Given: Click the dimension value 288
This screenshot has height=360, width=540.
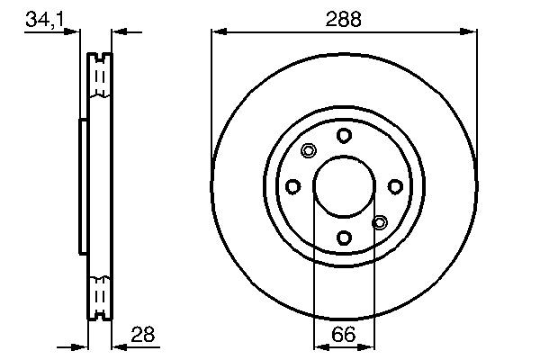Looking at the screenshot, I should (x=343, y=18).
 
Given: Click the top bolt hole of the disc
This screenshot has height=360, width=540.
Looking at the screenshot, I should (x=344, y=135).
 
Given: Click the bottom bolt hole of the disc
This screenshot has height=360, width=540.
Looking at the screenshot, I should (x=344, y=238).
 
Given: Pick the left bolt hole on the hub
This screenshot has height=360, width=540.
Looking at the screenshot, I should (x=292, y=186).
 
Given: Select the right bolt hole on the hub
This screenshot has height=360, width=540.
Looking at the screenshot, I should (x=395, y=186).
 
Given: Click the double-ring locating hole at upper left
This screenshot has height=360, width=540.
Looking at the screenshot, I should (x=309, y=151).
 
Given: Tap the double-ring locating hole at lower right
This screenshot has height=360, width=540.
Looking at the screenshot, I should (x=379, y=221).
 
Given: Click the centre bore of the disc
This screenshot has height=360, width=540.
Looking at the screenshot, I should (x=344, y=186).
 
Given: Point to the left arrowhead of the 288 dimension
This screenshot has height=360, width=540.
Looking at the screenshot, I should (x=218, y=32).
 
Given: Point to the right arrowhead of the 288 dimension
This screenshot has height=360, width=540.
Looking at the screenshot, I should (x=471, y=32).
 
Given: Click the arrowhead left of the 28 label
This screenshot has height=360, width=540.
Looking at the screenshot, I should (x=117, y=345).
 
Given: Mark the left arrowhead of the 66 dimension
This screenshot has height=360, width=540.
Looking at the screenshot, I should (x=318, y=346).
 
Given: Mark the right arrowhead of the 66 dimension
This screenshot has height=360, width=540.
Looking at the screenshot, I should (x=369, y=346).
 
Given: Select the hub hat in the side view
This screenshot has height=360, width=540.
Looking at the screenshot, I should (x=83, y=186).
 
